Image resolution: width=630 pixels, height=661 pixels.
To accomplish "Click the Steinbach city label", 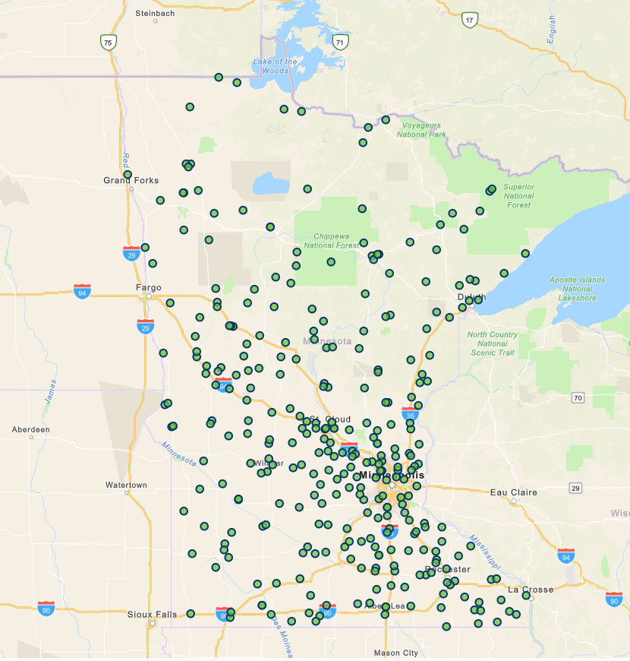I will tap(155, 13).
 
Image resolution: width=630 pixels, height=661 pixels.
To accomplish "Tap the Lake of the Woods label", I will tap(275, 66).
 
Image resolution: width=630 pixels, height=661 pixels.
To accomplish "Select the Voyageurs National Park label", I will tap(422, 129).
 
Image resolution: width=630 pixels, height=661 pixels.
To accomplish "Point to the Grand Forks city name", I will tap(131, 180).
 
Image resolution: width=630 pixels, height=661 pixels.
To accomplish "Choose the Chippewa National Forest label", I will tap(332, 240).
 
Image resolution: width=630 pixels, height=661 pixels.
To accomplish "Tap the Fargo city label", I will tap(148, 288).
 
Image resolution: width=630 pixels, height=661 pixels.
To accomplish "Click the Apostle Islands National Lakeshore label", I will tap(578, 289).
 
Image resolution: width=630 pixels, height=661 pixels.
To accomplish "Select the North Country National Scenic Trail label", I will tap(493, 343).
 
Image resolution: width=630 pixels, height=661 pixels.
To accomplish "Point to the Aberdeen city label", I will tap(30, 429).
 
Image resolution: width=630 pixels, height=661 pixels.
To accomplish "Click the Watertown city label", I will tap(126, 485).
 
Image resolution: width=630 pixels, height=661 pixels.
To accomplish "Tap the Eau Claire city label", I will tap(514, 492).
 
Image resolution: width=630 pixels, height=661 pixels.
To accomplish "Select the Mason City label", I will tap(395, 653).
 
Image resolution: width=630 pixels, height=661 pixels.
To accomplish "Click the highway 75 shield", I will tap(109, 43).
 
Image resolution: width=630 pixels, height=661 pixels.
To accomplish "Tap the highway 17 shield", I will tap(471, 20).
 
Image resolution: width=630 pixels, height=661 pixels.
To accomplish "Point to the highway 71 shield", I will tap(340, 42).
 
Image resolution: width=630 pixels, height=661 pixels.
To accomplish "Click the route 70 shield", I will tap(578, 397).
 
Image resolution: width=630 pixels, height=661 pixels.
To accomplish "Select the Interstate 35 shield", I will tap(409, 413).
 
